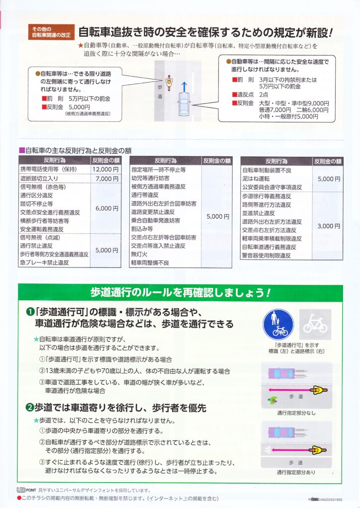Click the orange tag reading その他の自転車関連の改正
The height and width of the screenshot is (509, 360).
[51, 32]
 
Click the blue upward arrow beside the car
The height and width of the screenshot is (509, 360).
[184, 86]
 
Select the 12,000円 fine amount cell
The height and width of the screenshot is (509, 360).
[105, 170]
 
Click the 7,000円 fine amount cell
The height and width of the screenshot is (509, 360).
[105, 178]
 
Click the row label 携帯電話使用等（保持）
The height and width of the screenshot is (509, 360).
[49, 170]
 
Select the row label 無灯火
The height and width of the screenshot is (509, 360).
[139, 254]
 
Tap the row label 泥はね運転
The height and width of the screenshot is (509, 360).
[256, 178]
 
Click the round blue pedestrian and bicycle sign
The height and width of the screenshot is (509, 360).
[278, 325]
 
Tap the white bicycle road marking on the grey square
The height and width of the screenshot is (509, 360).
[315, 325]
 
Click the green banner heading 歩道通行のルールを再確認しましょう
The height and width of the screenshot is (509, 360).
[180, 292]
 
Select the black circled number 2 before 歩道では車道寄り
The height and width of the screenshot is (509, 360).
[30, 408]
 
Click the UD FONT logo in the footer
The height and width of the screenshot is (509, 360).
[27, 490]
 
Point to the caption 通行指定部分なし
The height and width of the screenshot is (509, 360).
[296, 413]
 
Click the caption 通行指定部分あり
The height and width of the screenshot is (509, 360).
[296, 472]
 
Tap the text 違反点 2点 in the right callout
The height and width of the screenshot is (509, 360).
[250, 94]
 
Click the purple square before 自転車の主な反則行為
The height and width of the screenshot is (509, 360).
[22, 150]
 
